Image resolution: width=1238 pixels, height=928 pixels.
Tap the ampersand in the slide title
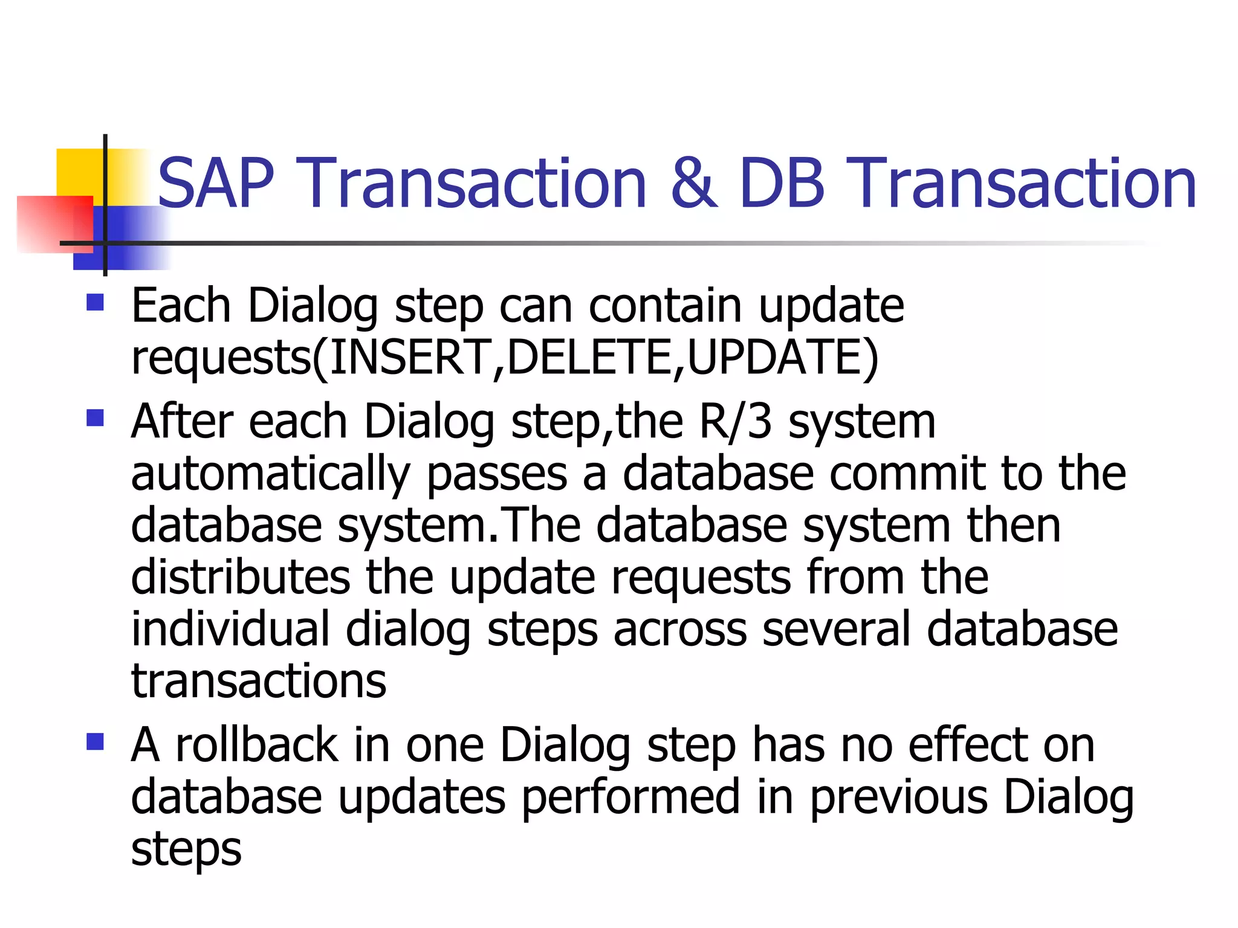pos(693,184)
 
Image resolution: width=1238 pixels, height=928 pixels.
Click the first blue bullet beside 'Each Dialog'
pos(95,302)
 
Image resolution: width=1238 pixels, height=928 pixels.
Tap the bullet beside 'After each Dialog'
pos(95,417)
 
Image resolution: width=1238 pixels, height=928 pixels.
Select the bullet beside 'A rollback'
pos(95,741)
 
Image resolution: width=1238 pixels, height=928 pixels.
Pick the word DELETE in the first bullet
pos(589,357)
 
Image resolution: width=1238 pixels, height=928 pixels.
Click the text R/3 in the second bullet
pos(736,421)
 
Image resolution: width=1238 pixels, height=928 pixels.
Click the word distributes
pos(240,577)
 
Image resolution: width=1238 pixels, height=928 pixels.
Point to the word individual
pos(230,629)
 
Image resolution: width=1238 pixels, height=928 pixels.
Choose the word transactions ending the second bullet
pos(259,681)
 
